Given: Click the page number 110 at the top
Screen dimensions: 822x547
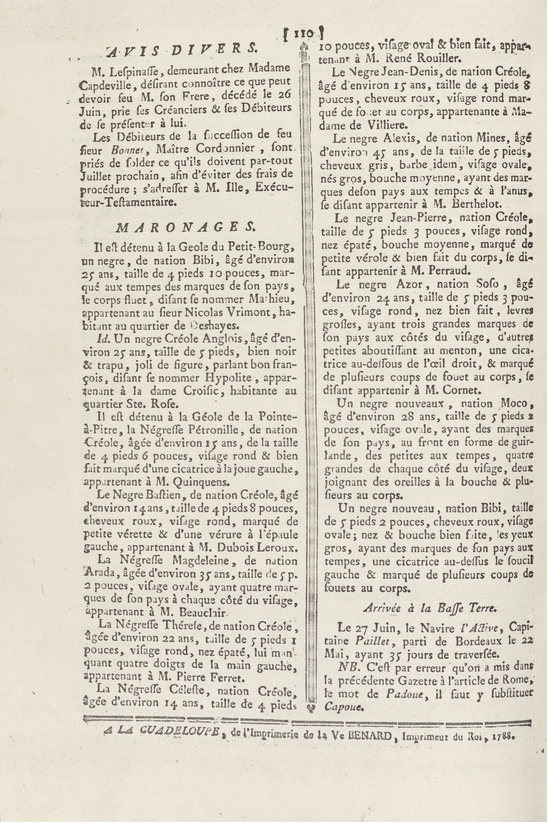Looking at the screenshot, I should (x=302, y=34).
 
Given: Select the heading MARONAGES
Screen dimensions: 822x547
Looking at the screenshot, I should (x=185, y=228).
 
